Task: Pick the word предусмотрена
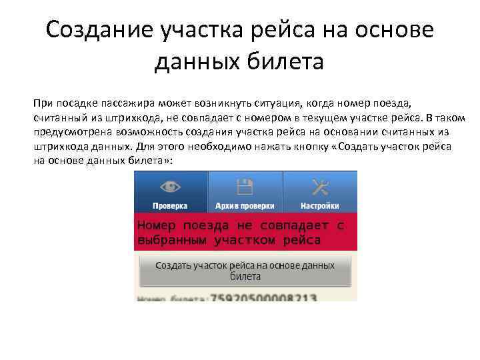(70, 132)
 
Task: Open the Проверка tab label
(170, 206)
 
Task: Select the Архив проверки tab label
(245, 206)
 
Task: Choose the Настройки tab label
(319, 206)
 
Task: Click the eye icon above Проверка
(170, 187)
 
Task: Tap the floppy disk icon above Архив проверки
(245, 187)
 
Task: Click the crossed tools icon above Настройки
(319, 187)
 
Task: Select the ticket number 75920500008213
(263, 298)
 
